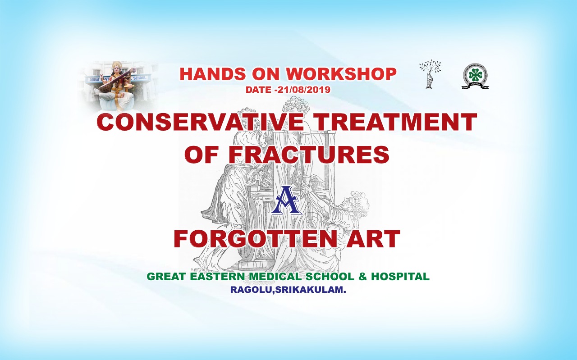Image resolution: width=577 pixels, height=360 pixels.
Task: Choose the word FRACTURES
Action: point(309,154)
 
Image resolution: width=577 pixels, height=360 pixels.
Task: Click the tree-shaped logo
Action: point(430,74)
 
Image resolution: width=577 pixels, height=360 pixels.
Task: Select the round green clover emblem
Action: point(475,77)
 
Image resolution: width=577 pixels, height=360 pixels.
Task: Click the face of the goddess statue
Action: point(118,69)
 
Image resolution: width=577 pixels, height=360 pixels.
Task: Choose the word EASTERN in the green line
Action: point(217,277)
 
